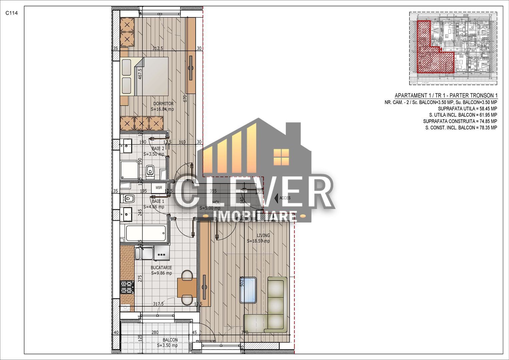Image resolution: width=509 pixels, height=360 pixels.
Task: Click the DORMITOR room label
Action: pyautogui.click(x=163, y=104)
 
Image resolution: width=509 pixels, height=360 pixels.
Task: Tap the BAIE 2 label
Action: pyautogui.click(x=158, y=149)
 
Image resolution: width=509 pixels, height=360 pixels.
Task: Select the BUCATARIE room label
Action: pyautogui.click(x=161, y=268)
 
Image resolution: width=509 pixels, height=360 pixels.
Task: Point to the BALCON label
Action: pyautogui.click(x=170, y=340)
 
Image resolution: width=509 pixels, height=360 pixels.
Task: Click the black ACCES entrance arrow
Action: pyautogui.click(x=276, y=198)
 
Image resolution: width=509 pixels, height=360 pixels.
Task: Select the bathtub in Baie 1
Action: pyautogui.click(x=145, y=234)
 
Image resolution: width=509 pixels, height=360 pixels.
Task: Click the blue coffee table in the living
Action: pyautogui.click(x=248, y=290)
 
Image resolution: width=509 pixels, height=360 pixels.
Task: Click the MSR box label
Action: pyautogui.click(x=159, y=188)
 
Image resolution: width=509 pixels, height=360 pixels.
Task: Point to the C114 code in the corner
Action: pyautogui.click(x=11, y=13)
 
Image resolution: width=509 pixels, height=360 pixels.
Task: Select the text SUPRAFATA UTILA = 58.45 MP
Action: pyautogui.click(x=467, y=109)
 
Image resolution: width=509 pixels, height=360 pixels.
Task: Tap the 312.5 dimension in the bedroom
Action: pyautogui.click(x=158, y=48)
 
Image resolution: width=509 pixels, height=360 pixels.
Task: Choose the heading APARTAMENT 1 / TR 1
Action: pyautogui.click(x=446, y=95)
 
